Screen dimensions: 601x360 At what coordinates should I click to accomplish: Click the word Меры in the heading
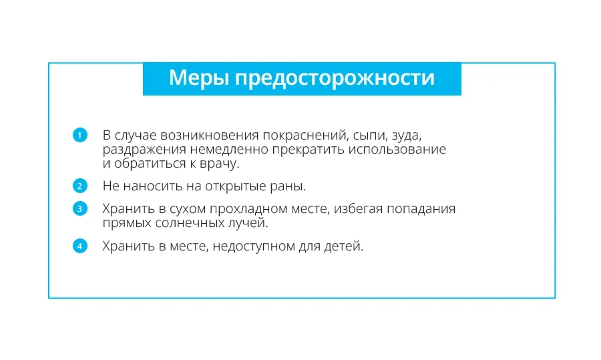(x=198, y=77)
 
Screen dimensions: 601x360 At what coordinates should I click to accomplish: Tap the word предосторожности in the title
(x=335, y=79)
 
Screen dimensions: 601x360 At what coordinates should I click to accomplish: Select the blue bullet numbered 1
(x=80, y=135)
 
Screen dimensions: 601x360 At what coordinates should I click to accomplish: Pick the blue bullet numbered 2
(x=80, y=186)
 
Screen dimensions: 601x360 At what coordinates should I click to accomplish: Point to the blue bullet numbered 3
(x=80, y=208)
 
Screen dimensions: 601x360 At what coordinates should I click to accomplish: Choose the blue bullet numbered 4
(x=80, y=246)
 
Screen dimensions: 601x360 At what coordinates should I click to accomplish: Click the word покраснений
(x=305, y=136)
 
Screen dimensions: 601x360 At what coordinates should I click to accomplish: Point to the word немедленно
(x=229, y=149)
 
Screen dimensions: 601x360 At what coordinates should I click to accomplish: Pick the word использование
(x=397, y=149)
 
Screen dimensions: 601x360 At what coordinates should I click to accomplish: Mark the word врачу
(x=220, y=164)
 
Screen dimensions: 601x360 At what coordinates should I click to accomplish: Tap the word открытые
(x=236, y=187)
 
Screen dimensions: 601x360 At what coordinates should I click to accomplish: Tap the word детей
(x=344, y=247)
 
